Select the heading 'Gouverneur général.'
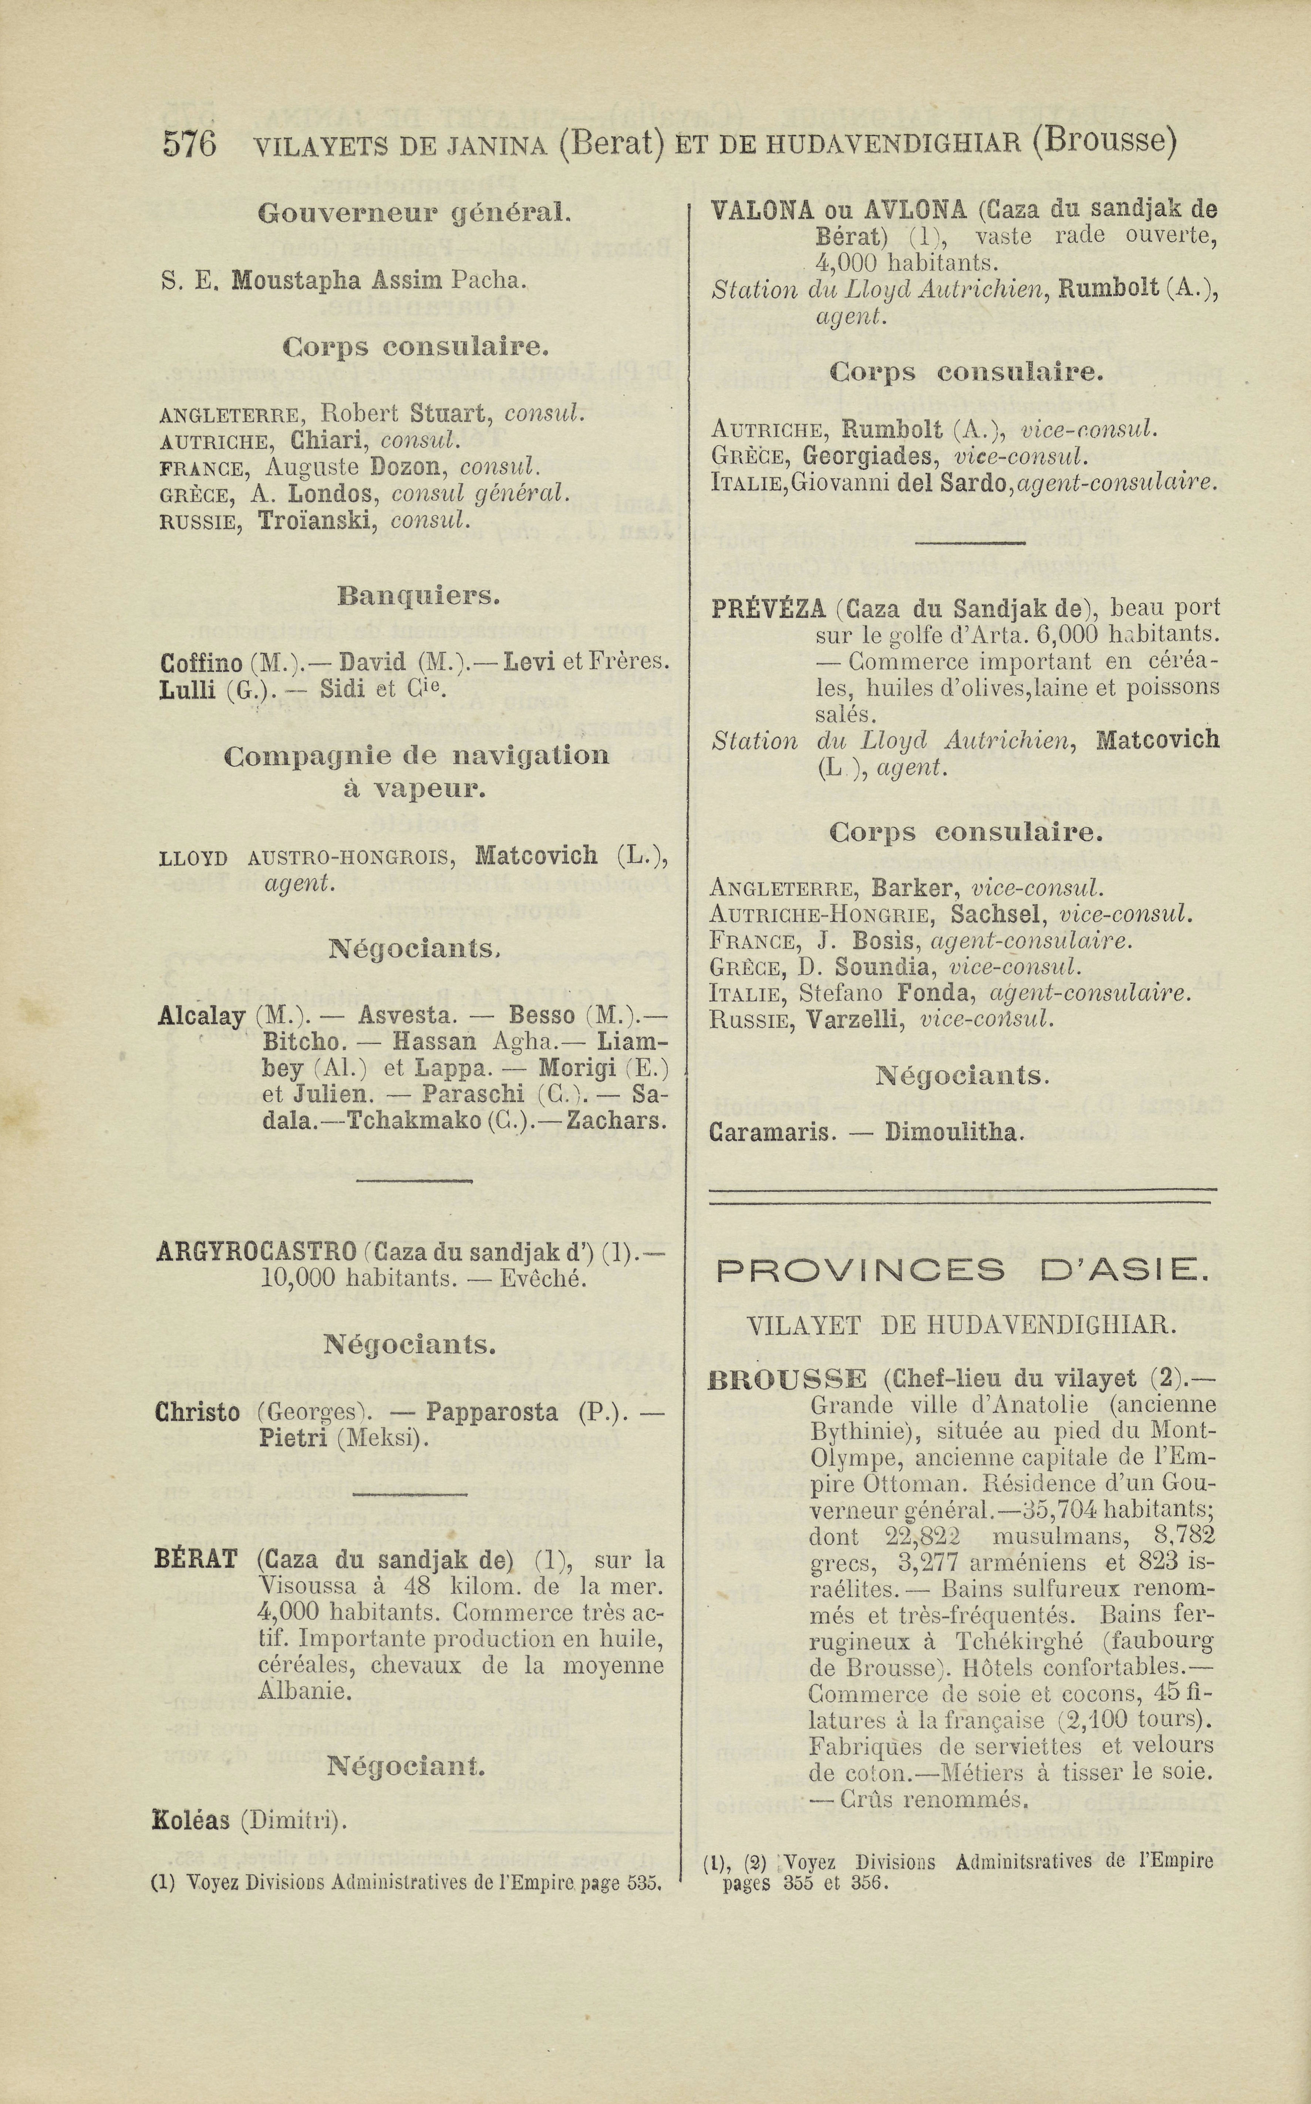(414, 212)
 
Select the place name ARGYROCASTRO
(257, 1252)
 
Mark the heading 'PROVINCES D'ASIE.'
(963, 1271)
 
